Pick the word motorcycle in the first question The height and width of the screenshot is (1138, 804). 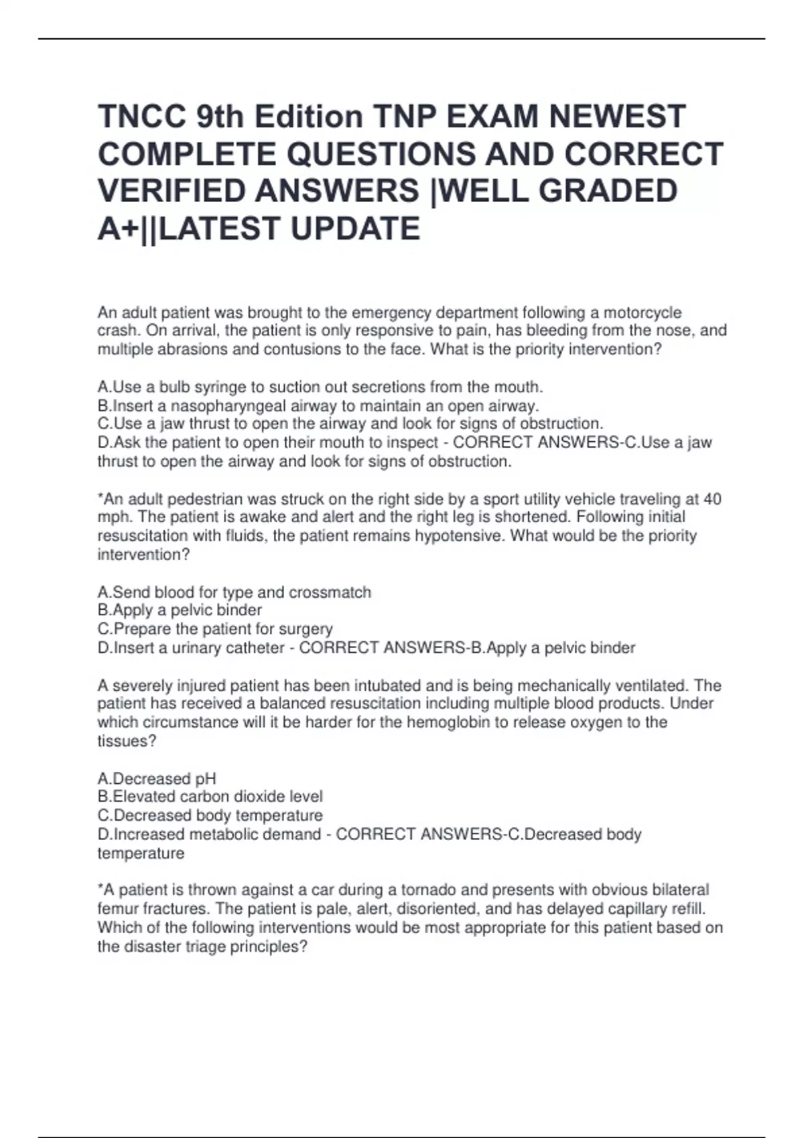coord(643,313)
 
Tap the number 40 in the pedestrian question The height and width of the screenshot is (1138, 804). coord(712,499)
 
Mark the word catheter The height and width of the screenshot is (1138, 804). coord(256,648)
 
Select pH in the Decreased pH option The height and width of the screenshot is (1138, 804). coord(205,779)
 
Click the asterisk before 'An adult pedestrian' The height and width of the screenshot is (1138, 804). coord(100,498)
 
